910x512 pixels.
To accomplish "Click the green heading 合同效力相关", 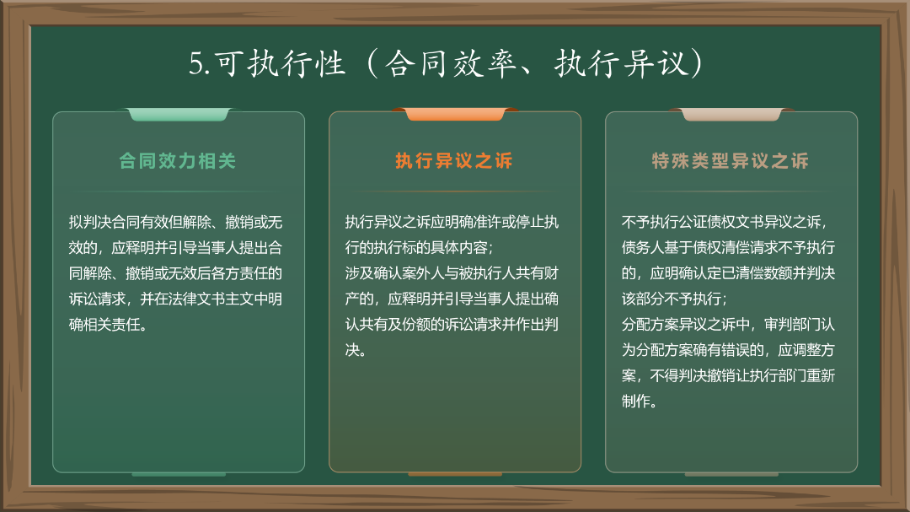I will coord(178,161).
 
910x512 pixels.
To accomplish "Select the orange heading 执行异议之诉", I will coord(454,161).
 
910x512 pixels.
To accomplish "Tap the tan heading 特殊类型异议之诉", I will coord(731,161).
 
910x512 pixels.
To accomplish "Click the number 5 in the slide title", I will coord(196,63).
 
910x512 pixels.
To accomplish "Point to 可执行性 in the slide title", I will coord(281,63).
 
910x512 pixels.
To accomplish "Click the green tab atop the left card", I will coord(179,114).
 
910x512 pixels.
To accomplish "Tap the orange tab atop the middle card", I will coord(455,114).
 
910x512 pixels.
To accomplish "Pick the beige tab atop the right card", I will coord(731,114).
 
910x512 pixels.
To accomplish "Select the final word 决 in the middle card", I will coord(352,349).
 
